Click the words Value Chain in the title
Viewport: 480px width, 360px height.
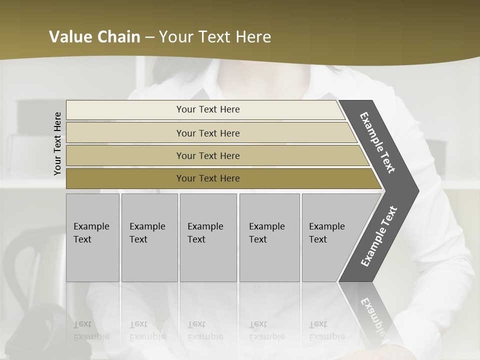(94, 37)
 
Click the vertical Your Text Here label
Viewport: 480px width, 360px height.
(57, 144)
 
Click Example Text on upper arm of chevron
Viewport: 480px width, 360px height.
(377, 142)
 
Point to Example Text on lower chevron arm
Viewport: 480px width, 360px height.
(378, 236)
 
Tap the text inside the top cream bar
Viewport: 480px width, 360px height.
(208, 109)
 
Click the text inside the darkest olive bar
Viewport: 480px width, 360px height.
(208, 178)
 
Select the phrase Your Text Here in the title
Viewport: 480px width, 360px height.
(215, 37)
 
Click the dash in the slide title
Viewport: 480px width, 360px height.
(149, 37)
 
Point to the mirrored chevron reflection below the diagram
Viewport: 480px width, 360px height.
(372, 312)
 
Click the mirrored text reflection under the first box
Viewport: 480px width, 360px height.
(91, 330)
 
